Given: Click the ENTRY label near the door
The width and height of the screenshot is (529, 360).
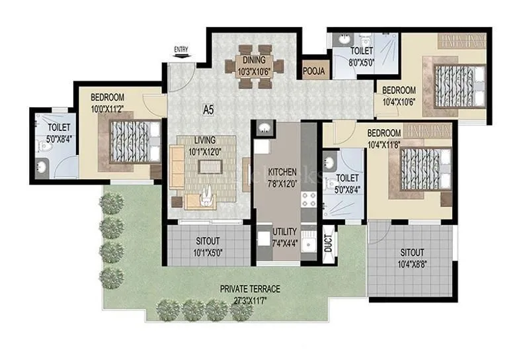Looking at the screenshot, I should (x=180, y=49).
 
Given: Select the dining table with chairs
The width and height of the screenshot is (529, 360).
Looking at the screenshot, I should (x=256, y=66).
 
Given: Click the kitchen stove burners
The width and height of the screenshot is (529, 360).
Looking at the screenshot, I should (x=308, y=198).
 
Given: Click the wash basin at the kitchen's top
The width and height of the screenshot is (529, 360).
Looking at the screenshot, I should (x=264, y=128).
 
